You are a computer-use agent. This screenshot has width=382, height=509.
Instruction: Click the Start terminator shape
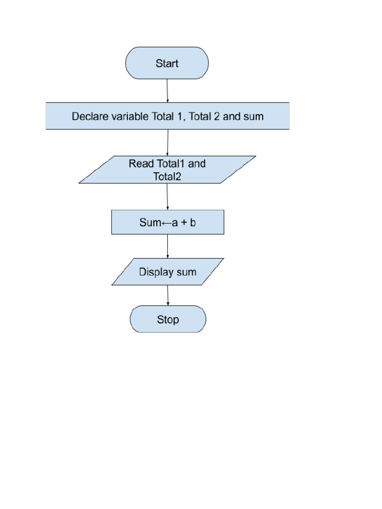point(167,63)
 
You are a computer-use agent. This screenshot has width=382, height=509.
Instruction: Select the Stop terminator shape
point(168,319)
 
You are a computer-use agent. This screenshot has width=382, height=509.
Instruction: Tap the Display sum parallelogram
point(168,272)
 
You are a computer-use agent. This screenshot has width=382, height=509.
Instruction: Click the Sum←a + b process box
point(168,222)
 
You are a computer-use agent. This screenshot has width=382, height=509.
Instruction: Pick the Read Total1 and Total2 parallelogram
point(167,170)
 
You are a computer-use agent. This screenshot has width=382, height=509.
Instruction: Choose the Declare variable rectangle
point(168,116)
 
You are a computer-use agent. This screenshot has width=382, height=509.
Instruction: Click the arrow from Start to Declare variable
point(167,90)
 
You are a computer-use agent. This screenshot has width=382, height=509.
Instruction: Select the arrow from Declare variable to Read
point(167,143)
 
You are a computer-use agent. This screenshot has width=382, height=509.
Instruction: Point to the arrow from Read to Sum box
point(167,196)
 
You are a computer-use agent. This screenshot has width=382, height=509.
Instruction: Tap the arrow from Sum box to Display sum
point(168,246)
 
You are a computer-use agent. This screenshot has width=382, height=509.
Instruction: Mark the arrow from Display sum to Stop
point(168,295)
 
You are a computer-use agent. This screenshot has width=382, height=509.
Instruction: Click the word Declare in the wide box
point(90,116)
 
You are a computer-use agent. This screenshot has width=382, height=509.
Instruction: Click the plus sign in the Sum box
point(184,223)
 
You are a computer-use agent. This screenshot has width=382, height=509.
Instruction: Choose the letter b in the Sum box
point(193,222)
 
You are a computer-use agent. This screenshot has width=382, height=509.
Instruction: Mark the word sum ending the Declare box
point(253,116)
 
